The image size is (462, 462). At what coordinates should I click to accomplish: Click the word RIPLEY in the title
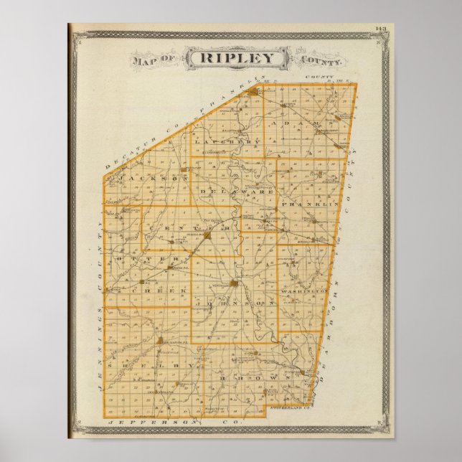click(232, 58)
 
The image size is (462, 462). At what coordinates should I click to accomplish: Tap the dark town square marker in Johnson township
click(235, 285)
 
